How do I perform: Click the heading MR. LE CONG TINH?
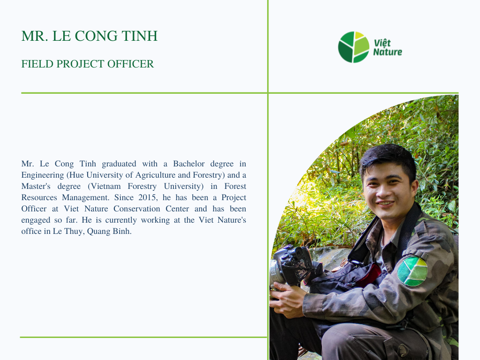(90, 36)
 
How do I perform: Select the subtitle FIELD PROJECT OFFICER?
(88, 64)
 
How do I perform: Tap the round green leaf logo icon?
(353, 47)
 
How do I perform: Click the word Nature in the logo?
(388, 52)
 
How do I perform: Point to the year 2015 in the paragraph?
(147, 197)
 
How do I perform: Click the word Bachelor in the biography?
(188, 164)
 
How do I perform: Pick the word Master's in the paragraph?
(36, 187)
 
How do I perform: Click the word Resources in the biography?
(39, 197)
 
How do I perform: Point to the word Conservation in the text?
(136, 209)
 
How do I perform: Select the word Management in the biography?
(85, 198)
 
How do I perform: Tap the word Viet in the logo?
(382, 43)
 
